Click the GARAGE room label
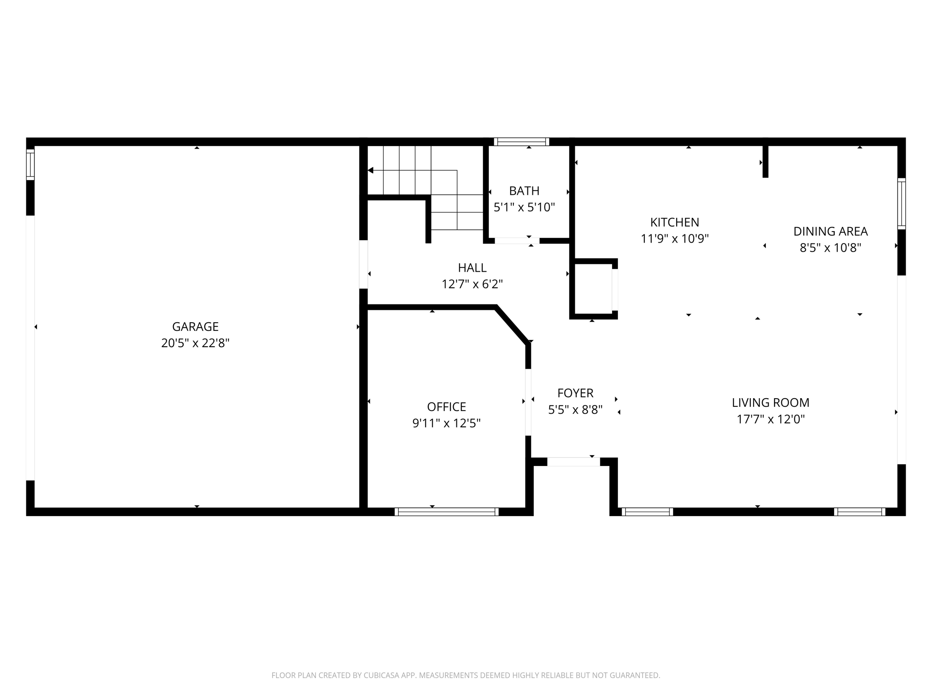pos(195,326)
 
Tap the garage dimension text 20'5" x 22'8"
pos(195,343)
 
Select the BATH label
pos(524,191)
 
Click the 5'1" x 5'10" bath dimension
pos(524,208)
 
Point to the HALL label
pos(472,268)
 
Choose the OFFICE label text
pos(446,406)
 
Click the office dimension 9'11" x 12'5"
pos(446,423)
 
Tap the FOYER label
pos(575,393)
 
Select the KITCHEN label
pos(674,222)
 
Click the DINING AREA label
pos(831,231)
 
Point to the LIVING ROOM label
pos(770,402)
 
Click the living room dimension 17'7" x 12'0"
pos(770,419)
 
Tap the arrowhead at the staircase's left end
pos(370,170)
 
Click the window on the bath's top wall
pos(522,142)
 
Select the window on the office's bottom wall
pos(446,512)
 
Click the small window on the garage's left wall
pos(30,164)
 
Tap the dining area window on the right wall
pos(901,203)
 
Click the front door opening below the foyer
pos(573,461)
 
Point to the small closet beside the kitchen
pos(593,289)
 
